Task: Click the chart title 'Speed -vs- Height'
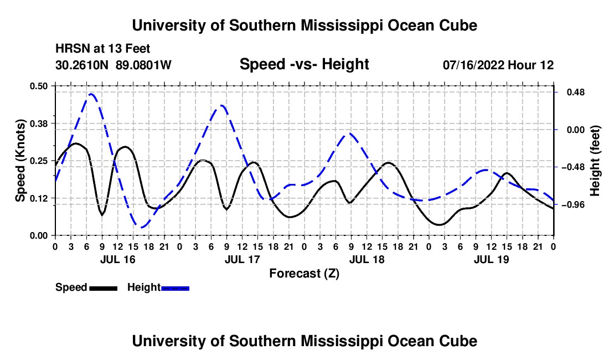[304, 64]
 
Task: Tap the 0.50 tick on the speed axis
[38, 86]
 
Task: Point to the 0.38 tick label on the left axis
[38, 124]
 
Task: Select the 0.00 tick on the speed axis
[38, 236]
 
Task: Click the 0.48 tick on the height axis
[576, 92]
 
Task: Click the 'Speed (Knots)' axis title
[20, 161]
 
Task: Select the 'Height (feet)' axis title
[595, 161]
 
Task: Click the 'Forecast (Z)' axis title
[304, 274]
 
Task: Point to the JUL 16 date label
[118, 259]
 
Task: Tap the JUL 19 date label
[491, 259]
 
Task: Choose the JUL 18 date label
[367, 259]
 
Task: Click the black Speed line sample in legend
[104, 289]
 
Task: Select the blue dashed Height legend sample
[175, 289]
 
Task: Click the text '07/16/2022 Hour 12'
[498, 65]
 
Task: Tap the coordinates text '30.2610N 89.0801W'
[113, 65]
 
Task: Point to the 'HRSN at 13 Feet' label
[102, 49]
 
